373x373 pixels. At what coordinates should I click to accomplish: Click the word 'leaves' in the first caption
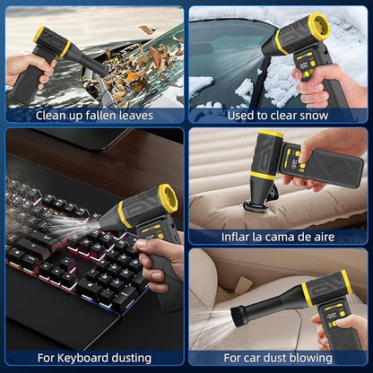[136, 116]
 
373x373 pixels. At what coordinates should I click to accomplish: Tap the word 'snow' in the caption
[314, 116]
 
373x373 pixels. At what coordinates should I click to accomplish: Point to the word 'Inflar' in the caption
[235, 237]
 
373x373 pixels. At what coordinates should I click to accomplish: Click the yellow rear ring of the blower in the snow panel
[319, 26]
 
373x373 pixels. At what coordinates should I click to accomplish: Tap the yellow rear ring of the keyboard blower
[168, 198]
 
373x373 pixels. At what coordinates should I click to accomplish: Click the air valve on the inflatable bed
[254, 206]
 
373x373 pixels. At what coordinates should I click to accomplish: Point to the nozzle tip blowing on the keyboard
[103, 222]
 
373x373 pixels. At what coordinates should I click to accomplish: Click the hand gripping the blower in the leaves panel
[29, 68]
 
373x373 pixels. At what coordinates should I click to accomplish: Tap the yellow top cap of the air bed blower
[271, 134]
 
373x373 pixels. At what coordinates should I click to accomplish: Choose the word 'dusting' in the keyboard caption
[132, 358]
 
